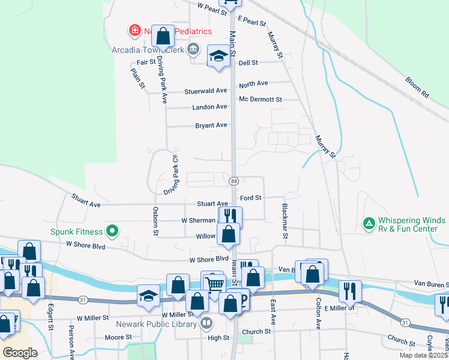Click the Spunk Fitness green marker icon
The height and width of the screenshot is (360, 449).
point(112,230)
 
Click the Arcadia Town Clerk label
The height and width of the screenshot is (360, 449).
point(147,50)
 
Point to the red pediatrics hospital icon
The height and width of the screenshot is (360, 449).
point(134,30)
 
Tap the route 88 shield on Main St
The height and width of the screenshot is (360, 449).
point(234,181)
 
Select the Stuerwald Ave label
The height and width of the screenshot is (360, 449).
point(206,91)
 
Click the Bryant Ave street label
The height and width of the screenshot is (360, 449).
point(211,125)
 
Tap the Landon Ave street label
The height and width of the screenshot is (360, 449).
point(209,107)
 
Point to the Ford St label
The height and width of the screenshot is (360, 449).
point(250,197)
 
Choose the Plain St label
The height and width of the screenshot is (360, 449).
point(138,78)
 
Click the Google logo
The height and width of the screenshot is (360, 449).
point(20,353)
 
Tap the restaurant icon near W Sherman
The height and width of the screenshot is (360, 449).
point(230,215)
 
